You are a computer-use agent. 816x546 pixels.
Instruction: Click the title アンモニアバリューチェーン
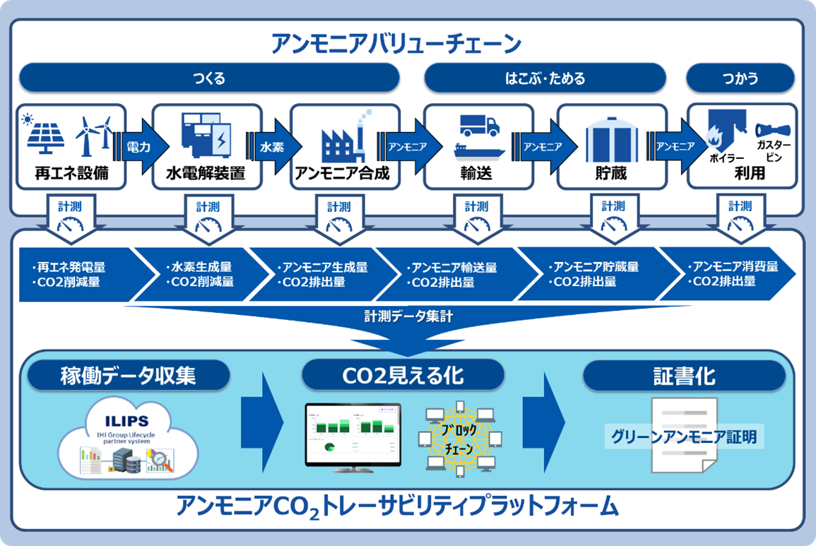point(396,43)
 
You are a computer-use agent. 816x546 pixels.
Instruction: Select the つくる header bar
point(209,78)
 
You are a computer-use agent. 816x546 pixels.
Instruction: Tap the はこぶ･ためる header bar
point(545,78)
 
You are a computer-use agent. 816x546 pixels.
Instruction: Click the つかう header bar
point(741,78)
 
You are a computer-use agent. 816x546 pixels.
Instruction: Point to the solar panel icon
point(46,134)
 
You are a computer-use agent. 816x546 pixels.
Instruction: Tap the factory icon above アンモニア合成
point(341,138)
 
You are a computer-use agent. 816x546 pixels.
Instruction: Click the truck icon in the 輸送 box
point(479,125)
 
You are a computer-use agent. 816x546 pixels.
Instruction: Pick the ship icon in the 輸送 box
point(478,150)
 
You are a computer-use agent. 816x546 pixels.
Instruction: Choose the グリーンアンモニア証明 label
point(684,437)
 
